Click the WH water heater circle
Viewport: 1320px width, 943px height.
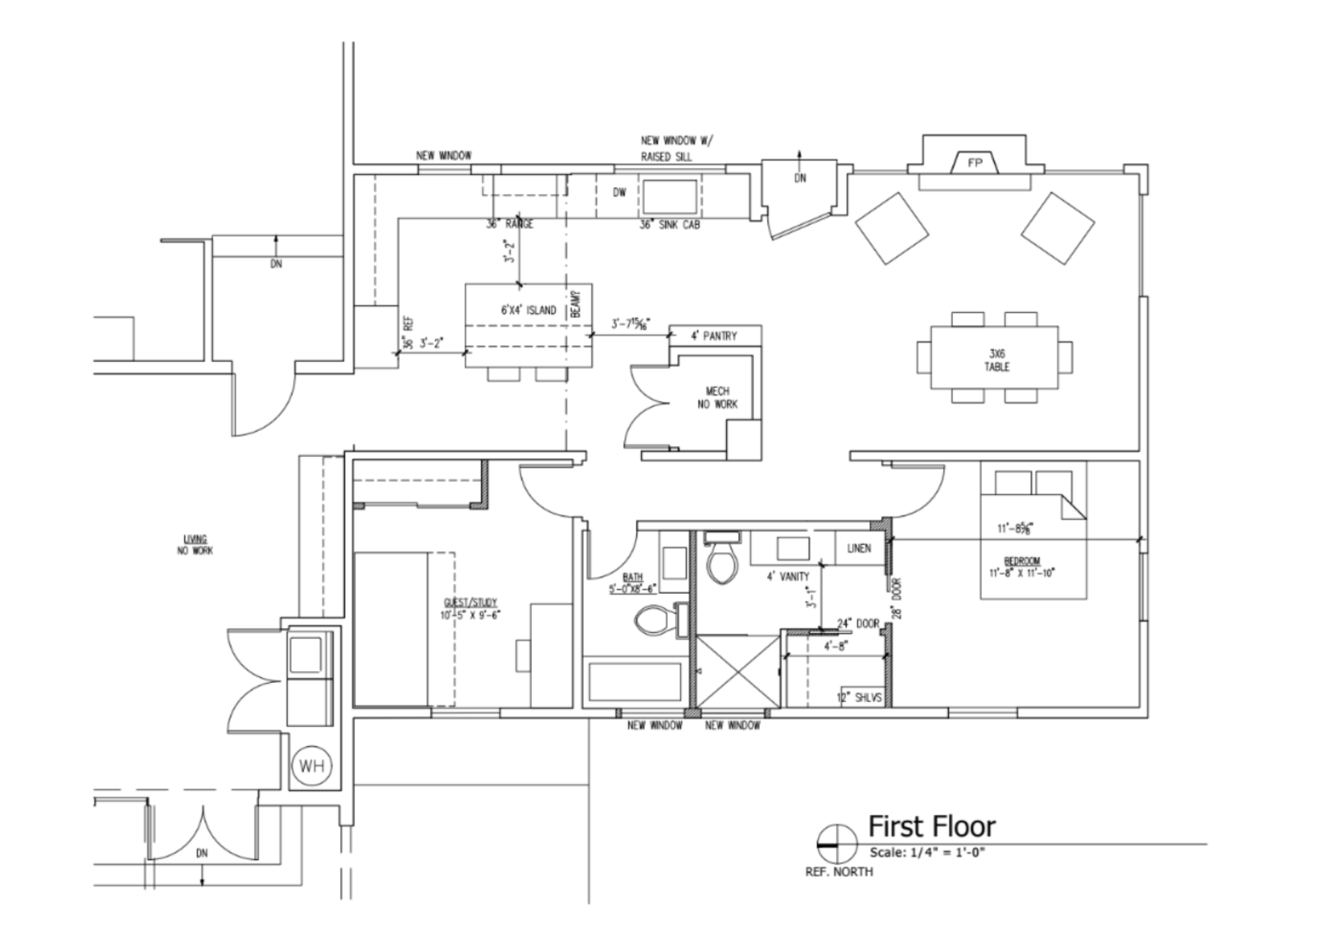tap(312, 766)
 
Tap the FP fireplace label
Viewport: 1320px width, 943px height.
tap(975, 163)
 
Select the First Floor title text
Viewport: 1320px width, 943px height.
tap(931, 826)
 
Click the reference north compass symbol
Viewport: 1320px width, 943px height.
tap(837, 845)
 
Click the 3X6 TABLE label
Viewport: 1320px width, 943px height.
tap(997, 360)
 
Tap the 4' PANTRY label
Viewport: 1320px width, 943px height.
tap(713, 336)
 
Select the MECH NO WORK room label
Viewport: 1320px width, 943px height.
tap(717, 397)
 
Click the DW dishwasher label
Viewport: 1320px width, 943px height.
tap(619, 193)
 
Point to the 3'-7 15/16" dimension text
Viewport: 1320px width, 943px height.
tap(631, 325)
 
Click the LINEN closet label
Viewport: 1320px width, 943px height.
tap(859, 548)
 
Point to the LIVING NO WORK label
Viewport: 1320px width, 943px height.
tap(195, 544)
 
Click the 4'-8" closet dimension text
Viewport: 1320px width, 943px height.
tap(835, 647)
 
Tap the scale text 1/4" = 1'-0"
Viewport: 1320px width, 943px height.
tap(927, 853)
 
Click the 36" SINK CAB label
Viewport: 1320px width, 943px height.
tap(669, 224)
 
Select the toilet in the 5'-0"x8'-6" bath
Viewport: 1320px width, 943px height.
tap(652, 620)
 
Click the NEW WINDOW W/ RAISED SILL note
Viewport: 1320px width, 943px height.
tap(676, 148)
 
